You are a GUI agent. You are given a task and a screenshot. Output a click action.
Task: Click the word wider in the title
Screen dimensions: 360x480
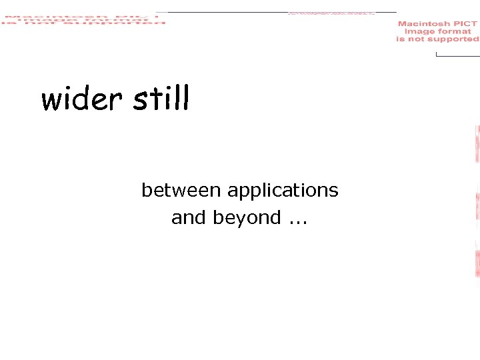click(81, 100)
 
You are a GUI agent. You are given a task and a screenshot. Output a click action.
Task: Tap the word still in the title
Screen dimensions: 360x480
click(161, 99)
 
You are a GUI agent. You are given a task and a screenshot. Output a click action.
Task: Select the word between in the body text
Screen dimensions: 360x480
click(181, 191)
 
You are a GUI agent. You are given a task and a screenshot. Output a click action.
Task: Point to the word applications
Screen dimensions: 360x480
click(283, 191)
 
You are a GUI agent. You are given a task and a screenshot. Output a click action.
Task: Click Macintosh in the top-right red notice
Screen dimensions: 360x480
click(424, 24)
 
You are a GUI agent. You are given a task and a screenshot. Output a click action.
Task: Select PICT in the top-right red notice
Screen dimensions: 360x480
click(465, 24)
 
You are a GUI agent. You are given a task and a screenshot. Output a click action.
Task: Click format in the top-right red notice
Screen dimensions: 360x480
click(455, 31)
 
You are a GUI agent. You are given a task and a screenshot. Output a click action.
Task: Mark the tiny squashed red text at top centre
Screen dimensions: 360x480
click(331, 13)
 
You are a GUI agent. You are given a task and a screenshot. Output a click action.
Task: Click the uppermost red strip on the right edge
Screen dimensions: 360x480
click(477, 143)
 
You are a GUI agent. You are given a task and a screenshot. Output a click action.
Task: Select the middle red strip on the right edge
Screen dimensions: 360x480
click(477, 206)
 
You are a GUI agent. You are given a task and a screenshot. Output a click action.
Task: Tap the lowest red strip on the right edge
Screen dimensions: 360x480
click(477, 264)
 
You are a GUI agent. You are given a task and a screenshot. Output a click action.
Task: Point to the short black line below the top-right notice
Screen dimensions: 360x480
click(457, 55)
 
